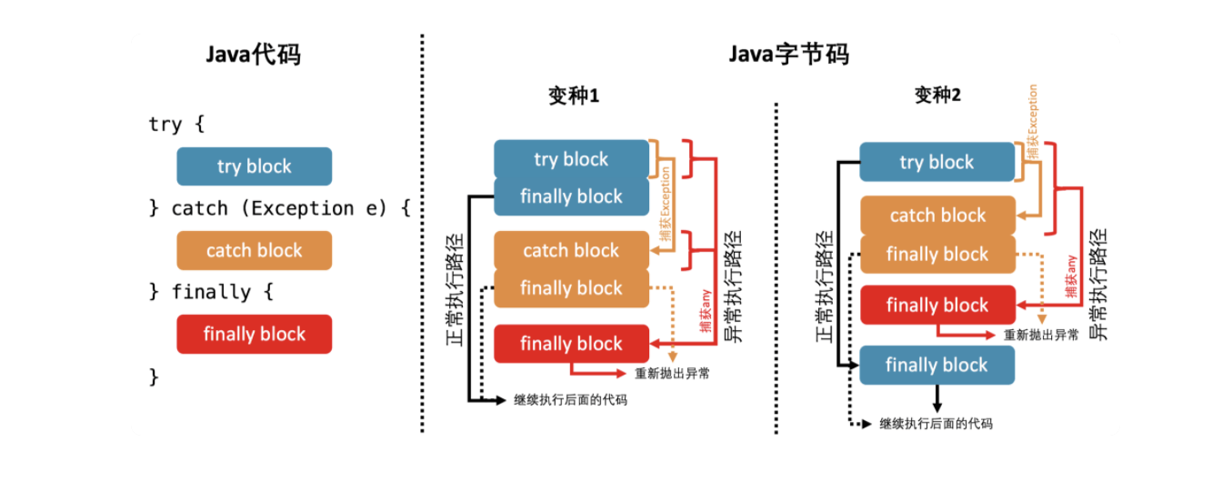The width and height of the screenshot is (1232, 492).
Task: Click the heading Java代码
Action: tap(253, 55)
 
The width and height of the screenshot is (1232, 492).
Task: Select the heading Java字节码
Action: tap(788, 55)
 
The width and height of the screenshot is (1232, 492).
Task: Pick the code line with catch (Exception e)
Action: tap(280, 208)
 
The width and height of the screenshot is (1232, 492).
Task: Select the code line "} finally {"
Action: tap(211, 292)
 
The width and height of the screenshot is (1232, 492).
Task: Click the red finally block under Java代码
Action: tap(255, 334)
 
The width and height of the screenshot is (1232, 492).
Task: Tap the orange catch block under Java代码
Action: tap(255, 250)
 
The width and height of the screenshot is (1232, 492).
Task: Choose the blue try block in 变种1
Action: tap(571, 159)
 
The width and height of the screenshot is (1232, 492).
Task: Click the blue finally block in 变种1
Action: tap(571, 196)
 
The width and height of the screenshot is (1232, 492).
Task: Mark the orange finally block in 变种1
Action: tap(571, 288)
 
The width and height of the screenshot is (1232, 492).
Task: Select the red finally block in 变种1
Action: tap(571, 344)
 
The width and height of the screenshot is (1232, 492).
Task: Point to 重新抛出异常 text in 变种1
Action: tap(673, 373)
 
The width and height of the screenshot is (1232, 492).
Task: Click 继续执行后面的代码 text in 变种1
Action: tap(570, 399)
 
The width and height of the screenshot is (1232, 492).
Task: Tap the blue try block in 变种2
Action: tap(937, 162)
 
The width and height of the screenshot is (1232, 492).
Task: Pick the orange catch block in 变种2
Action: tap(937, 216)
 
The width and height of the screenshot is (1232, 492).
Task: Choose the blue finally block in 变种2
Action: tap(937, 365)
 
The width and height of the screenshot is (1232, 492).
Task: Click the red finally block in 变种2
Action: tap(937, 306)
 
